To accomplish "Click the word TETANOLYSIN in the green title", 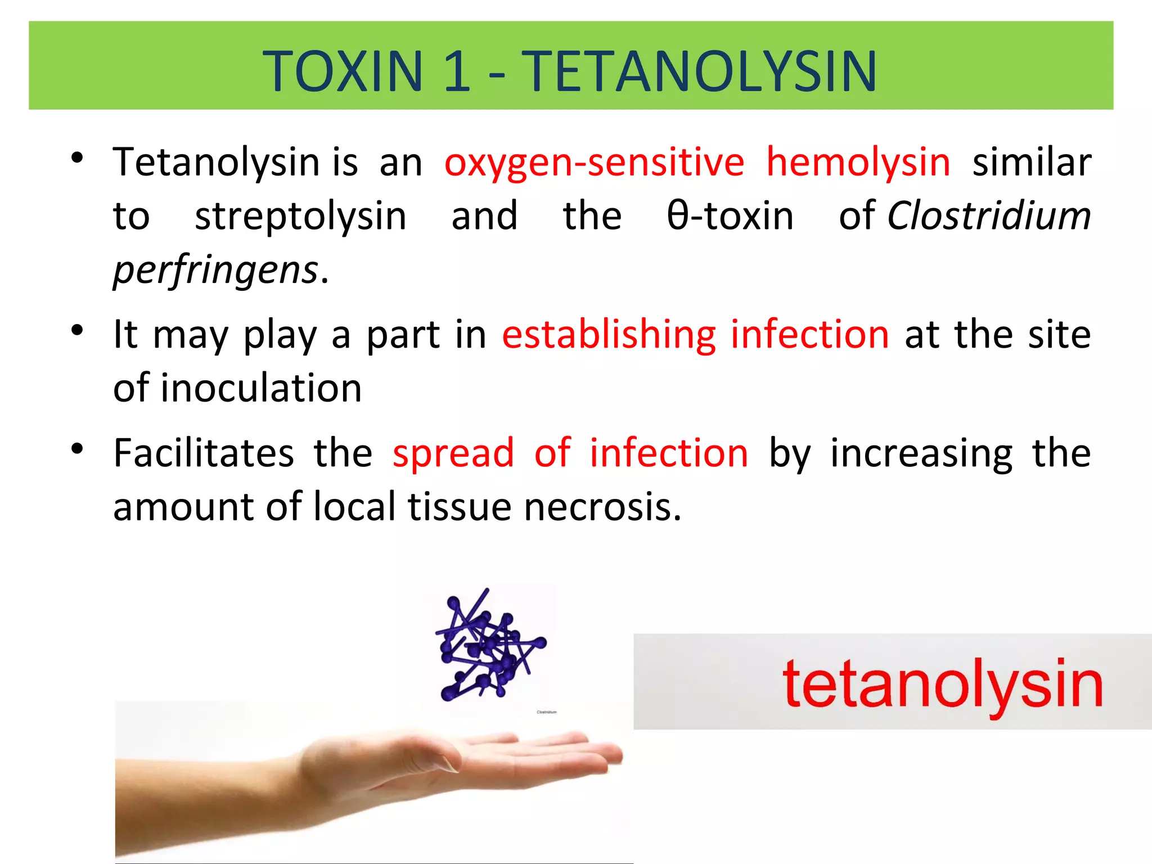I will tap(700, 71).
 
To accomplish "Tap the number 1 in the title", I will tap(457, 71).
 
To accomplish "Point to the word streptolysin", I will tap(300, 217).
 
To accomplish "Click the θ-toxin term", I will tap(730, 217).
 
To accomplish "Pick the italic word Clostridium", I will tap(989, 217).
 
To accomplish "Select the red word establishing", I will tap(609, 335).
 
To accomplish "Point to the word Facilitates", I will tap(203, 453).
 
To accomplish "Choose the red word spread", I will tap(453, 453).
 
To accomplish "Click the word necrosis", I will tap(602, 507).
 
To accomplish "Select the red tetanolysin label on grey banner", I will tap(942, 685).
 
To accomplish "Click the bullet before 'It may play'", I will tap(78, 330).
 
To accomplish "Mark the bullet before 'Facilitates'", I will tap(78, 449).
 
